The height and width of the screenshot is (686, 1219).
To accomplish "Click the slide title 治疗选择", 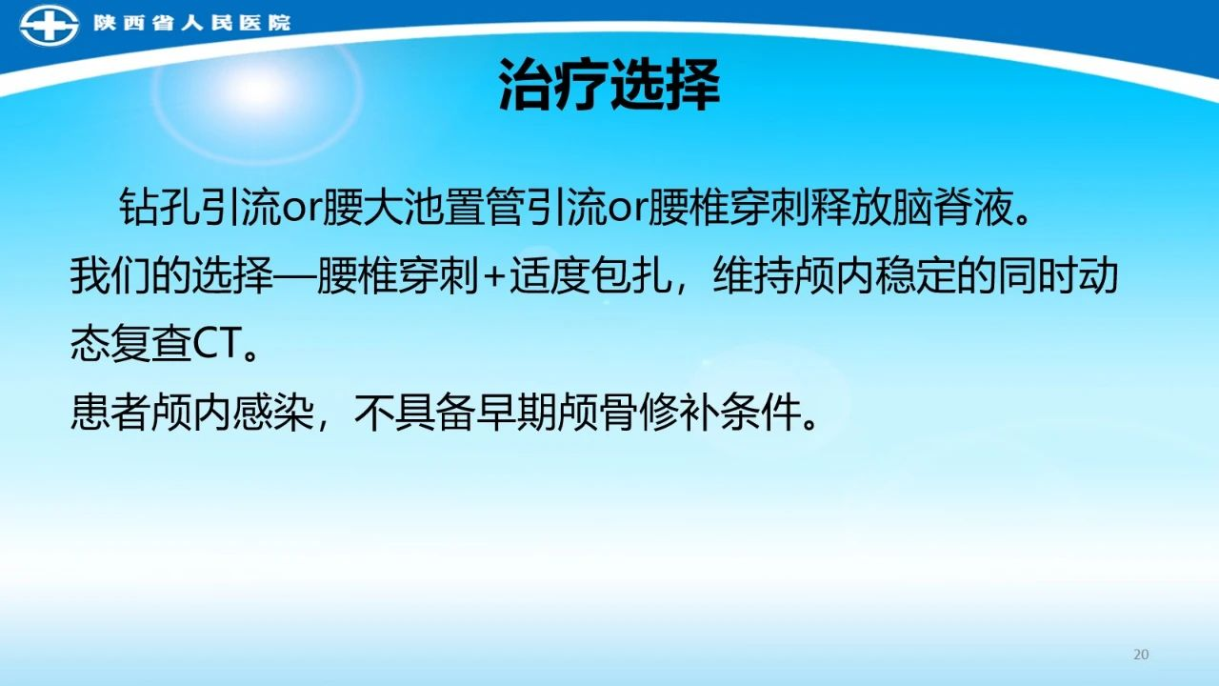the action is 609,86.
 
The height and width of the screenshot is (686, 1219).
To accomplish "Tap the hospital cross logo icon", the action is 49,25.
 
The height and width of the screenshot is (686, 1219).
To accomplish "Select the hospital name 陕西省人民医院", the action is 192,23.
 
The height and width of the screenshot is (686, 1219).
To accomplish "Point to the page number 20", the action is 1141,655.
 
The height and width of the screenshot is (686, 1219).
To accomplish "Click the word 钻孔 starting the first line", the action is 160,207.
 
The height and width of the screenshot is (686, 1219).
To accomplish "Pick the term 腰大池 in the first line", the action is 383,207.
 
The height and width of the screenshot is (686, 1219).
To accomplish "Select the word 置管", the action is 485,207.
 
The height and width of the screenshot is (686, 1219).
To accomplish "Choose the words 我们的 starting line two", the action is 130,275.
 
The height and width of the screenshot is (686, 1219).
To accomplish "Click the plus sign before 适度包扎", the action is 493,277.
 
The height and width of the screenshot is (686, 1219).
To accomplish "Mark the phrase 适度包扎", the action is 590,275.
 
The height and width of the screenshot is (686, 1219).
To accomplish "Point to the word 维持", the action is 753,275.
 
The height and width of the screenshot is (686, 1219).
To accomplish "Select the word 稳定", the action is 915,275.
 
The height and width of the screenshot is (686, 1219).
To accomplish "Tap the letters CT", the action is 217,344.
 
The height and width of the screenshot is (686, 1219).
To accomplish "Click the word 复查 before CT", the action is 151,344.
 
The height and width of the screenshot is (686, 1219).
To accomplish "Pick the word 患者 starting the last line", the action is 110,413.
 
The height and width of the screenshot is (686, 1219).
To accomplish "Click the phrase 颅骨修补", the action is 638,413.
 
